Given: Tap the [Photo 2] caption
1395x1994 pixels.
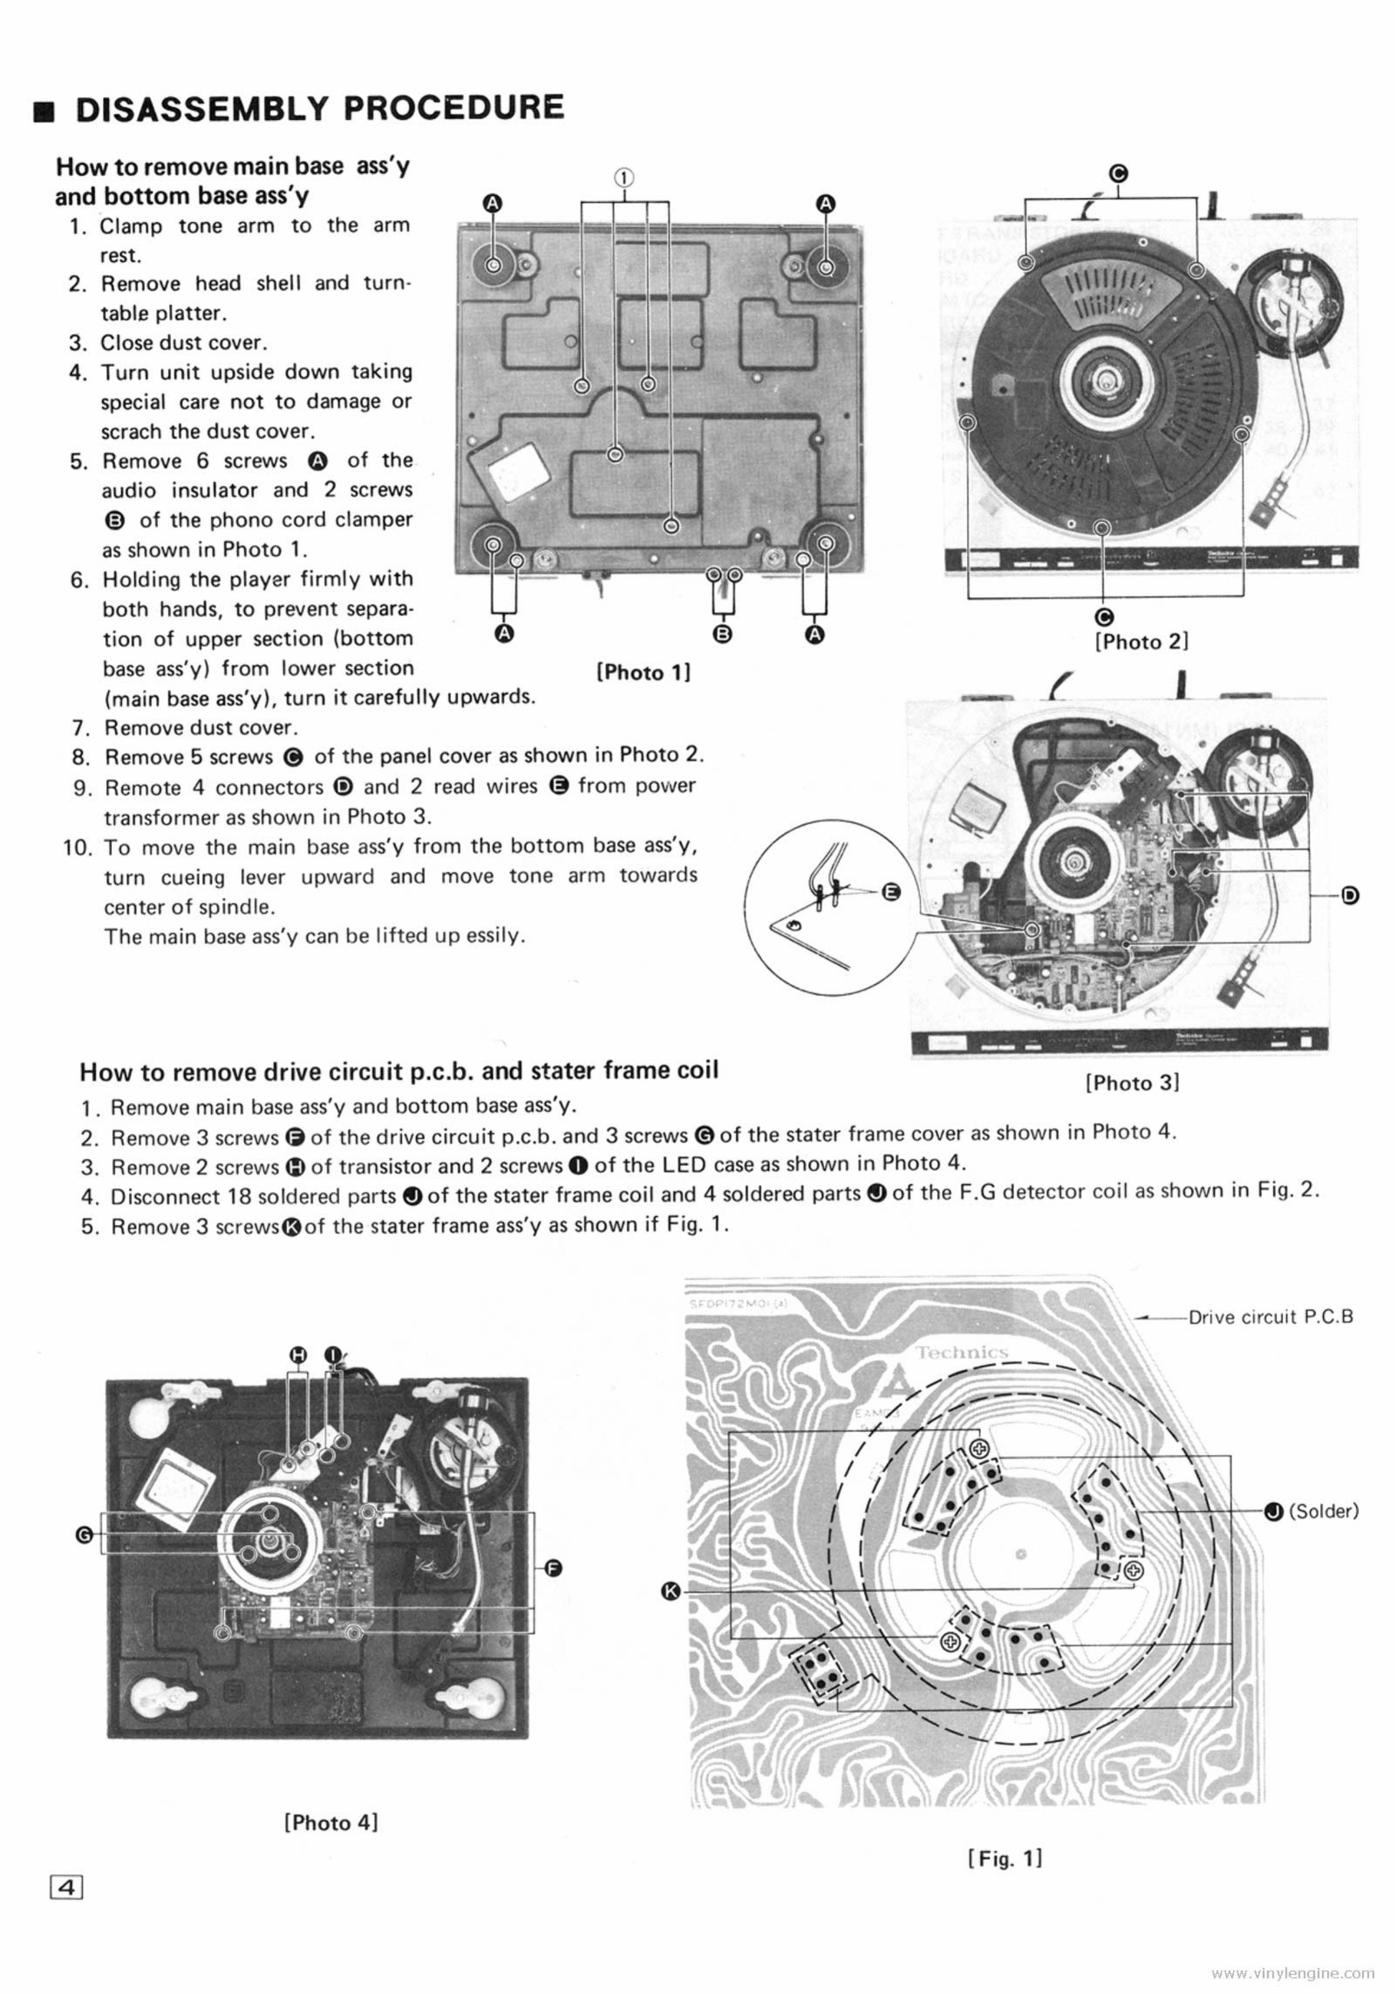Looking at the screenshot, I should [1140, 642].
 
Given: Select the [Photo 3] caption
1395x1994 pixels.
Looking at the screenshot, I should [1132, 1082].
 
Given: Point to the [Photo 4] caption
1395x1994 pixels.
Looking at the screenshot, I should [331, 1822].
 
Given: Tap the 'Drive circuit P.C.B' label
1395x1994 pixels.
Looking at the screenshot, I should [1270, 1317].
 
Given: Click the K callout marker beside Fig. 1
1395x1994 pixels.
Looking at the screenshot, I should [669, 1590].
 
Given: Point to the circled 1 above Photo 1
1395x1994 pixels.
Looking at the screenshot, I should [624, 176].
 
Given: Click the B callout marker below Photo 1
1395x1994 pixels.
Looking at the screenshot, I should [723, 633].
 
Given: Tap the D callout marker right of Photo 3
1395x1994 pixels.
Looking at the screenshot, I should [1350, 895].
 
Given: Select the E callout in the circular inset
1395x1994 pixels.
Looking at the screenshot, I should [891, 891].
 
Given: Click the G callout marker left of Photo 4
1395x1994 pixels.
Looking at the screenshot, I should [85, 1535].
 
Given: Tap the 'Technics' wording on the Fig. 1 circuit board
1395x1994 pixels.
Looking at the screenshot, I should [962, 1352].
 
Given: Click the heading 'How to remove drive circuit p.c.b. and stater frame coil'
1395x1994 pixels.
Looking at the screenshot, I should [399, 1071].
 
